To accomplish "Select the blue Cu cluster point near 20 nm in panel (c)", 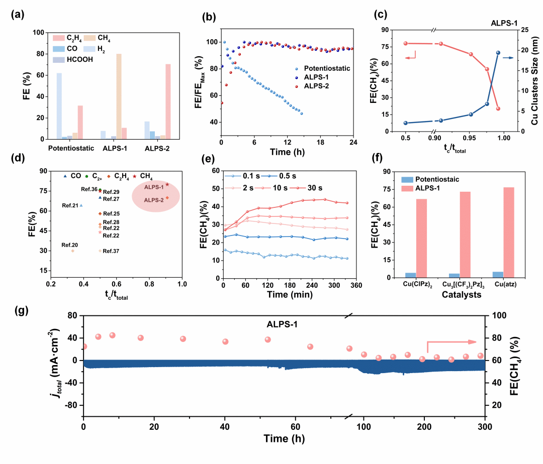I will click(498, 53).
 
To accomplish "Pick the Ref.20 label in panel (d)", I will click(70, 245).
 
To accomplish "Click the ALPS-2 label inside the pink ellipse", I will click(154, 200).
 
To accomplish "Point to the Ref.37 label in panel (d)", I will click(111, 251).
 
